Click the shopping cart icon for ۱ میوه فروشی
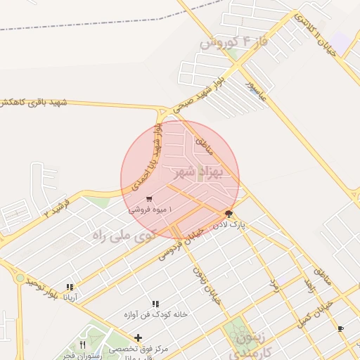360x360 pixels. tap(149, 200)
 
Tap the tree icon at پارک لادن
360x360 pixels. tap(229, 214)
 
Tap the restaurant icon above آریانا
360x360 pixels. tap(70, 287)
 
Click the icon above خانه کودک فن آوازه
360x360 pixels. tap(155, 304)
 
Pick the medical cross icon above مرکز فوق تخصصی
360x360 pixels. tap(138, 338)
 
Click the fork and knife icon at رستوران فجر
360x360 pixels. tap(83, 345)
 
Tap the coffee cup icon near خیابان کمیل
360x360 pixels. tap(341, 328)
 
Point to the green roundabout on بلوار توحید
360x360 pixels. tap(19, 278)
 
